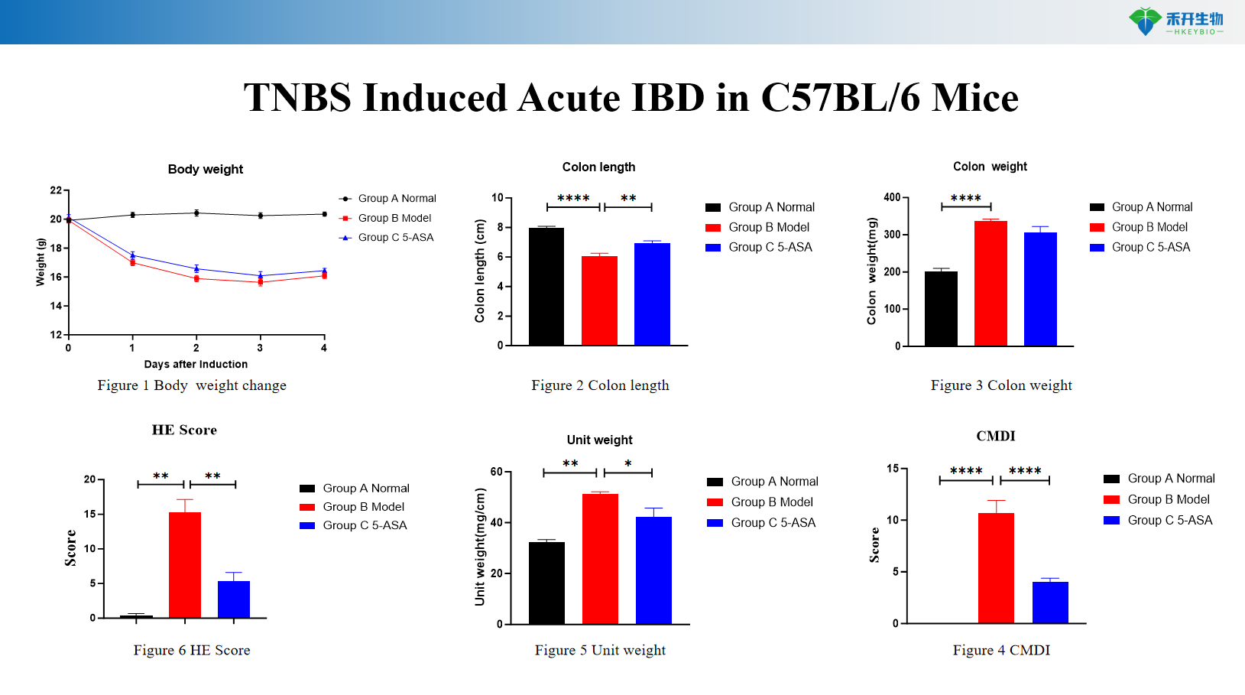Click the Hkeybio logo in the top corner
[x=1175, y=21]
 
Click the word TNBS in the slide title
[x=297, y=99]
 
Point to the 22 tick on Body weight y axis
[x=56, y=190]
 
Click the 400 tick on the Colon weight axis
[x=892, y=197]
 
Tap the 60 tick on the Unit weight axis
[x=496, y=472]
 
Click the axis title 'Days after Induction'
[x=196, y=365]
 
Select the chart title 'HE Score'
[x=184, y=430]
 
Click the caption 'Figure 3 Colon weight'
[x=1001, y=385]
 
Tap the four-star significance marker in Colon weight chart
[x=966, y=199]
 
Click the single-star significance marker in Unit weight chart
[x=628, y=464]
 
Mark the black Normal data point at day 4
[x=324, y=214]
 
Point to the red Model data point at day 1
[x=132, y=262]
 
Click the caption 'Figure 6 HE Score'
[x=192, y=650]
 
